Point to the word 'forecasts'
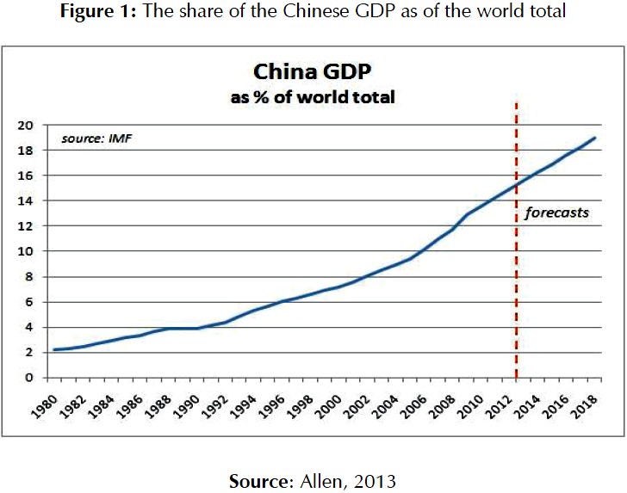point(557,212)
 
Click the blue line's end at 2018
point(595,139)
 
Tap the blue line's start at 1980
point(53,349)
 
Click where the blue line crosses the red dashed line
point(516,185)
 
